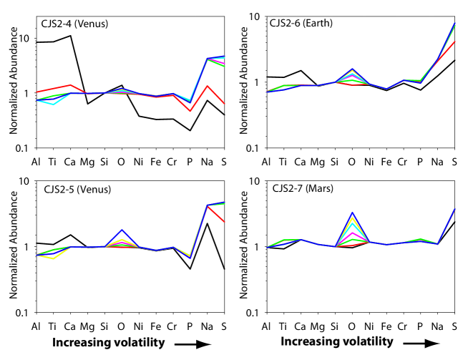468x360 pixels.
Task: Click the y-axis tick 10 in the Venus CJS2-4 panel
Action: point(23,38)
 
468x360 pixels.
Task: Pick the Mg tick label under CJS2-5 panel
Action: point(87,327)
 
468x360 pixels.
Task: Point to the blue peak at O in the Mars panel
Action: point(352,213)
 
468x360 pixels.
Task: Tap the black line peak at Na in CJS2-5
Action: point(208,223)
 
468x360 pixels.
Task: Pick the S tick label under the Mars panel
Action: point(454,327)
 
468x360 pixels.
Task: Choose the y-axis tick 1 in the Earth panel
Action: point(255,82)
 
